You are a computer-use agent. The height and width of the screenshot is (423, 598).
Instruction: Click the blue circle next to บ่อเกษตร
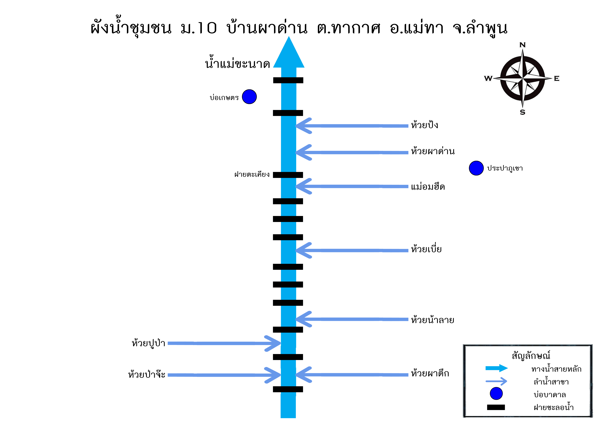(249, 97)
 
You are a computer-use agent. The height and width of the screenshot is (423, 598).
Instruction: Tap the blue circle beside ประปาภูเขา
(476, 168)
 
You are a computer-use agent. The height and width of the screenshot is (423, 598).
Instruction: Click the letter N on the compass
(522, 45)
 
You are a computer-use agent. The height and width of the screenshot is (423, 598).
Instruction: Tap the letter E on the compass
(557, 78)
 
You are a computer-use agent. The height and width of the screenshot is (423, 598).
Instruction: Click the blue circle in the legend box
(496, 394)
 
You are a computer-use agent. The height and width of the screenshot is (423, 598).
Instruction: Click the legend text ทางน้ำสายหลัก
(556, 369)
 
